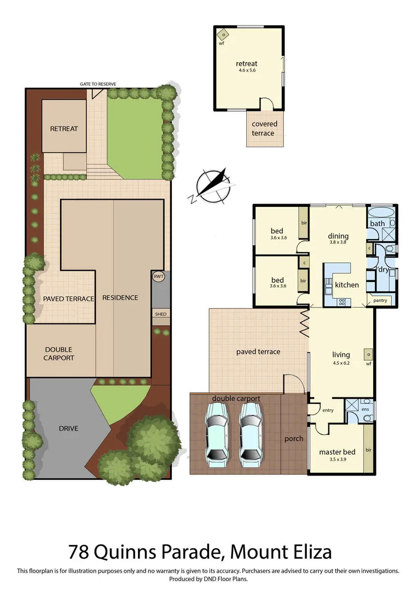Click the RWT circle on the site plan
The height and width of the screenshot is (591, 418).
[x=159, y=277]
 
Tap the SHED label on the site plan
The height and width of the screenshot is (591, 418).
[x=160, y=314]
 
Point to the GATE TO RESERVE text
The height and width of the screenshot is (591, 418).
[x=97, y=84]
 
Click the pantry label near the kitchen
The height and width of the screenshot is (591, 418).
[x=380, y=301]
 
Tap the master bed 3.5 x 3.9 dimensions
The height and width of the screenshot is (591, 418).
[x=337, y=460]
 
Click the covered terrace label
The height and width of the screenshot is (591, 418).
[x=264, y=128]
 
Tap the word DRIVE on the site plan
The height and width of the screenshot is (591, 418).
[x=68, y=428]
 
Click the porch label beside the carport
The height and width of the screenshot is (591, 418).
[x=294, y=438]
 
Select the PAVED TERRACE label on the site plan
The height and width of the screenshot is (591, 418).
[x=69, y=299]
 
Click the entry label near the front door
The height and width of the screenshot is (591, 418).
[x=328, y=410]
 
